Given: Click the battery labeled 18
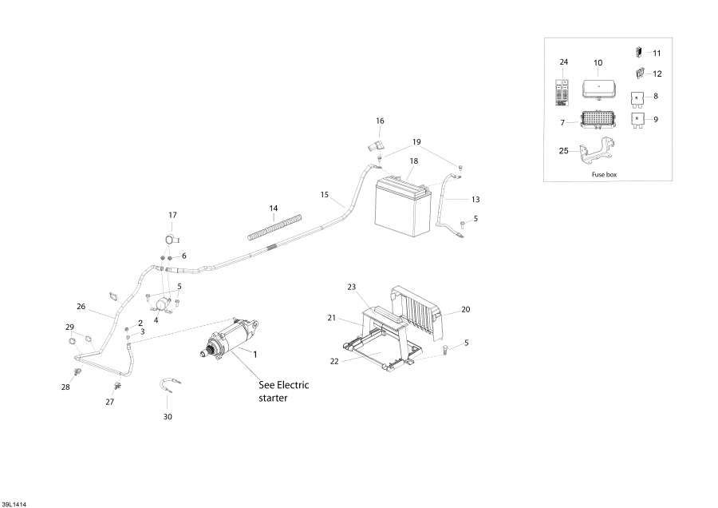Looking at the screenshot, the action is pyautogui.click(x=403, y=205).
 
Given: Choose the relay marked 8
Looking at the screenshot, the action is pyautogui.click(x=637, y=98).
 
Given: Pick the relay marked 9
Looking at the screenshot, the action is pyautogui.click(x=637, y=120).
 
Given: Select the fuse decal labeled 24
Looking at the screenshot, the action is pyautogui.click(x=562, y=93).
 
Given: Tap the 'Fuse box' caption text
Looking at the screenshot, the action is pyautogui.click(x=605, y=175).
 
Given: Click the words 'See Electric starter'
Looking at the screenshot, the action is pyautogui.click(x=283, y=391).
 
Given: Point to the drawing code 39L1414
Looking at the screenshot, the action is pyautogui.click(x=14, y=504).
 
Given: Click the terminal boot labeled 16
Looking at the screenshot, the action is pyautogui.click(x=375, y=147).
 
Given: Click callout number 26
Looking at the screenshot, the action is pyautogui.click(x=81, y=306).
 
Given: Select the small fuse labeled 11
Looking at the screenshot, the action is pyautogui.click(x=638, y=52).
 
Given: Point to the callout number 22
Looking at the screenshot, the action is pyautogui.click(x=334, y=361).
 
